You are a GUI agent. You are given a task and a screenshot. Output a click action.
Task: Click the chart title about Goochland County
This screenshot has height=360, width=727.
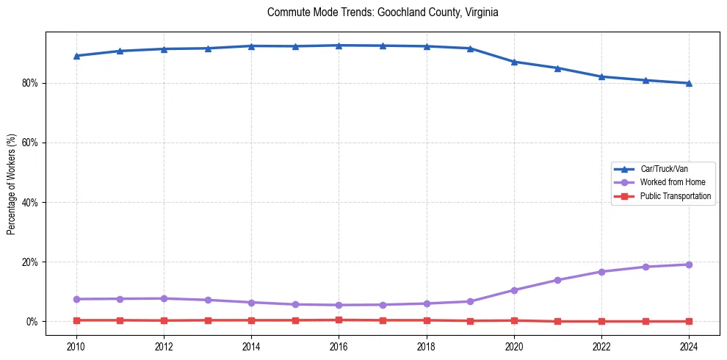[383, 12]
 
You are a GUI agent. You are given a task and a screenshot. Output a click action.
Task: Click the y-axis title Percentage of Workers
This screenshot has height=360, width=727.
[11, 184]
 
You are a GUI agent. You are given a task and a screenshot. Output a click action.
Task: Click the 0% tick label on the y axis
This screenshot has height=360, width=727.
[32, 322]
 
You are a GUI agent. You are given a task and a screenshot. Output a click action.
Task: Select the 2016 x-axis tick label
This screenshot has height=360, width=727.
[339, 345]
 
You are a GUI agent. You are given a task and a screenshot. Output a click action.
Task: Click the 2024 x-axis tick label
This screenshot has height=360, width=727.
[689, 345]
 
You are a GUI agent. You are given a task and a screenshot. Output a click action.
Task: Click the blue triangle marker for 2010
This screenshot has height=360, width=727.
[76, 56]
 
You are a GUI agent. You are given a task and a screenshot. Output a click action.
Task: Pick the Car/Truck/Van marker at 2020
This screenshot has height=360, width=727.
[514, 62]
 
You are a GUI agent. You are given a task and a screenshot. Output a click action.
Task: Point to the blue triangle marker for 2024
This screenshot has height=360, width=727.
[689, 83]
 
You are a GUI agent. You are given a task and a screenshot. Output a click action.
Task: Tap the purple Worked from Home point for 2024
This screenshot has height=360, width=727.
[689, 264]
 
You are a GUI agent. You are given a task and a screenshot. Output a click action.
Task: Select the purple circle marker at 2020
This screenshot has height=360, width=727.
[514, 290]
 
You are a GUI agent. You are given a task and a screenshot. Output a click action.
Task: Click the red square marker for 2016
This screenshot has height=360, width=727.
[339, 320]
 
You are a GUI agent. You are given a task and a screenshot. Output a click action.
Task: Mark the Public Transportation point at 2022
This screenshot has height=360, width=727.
[601, 321]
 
